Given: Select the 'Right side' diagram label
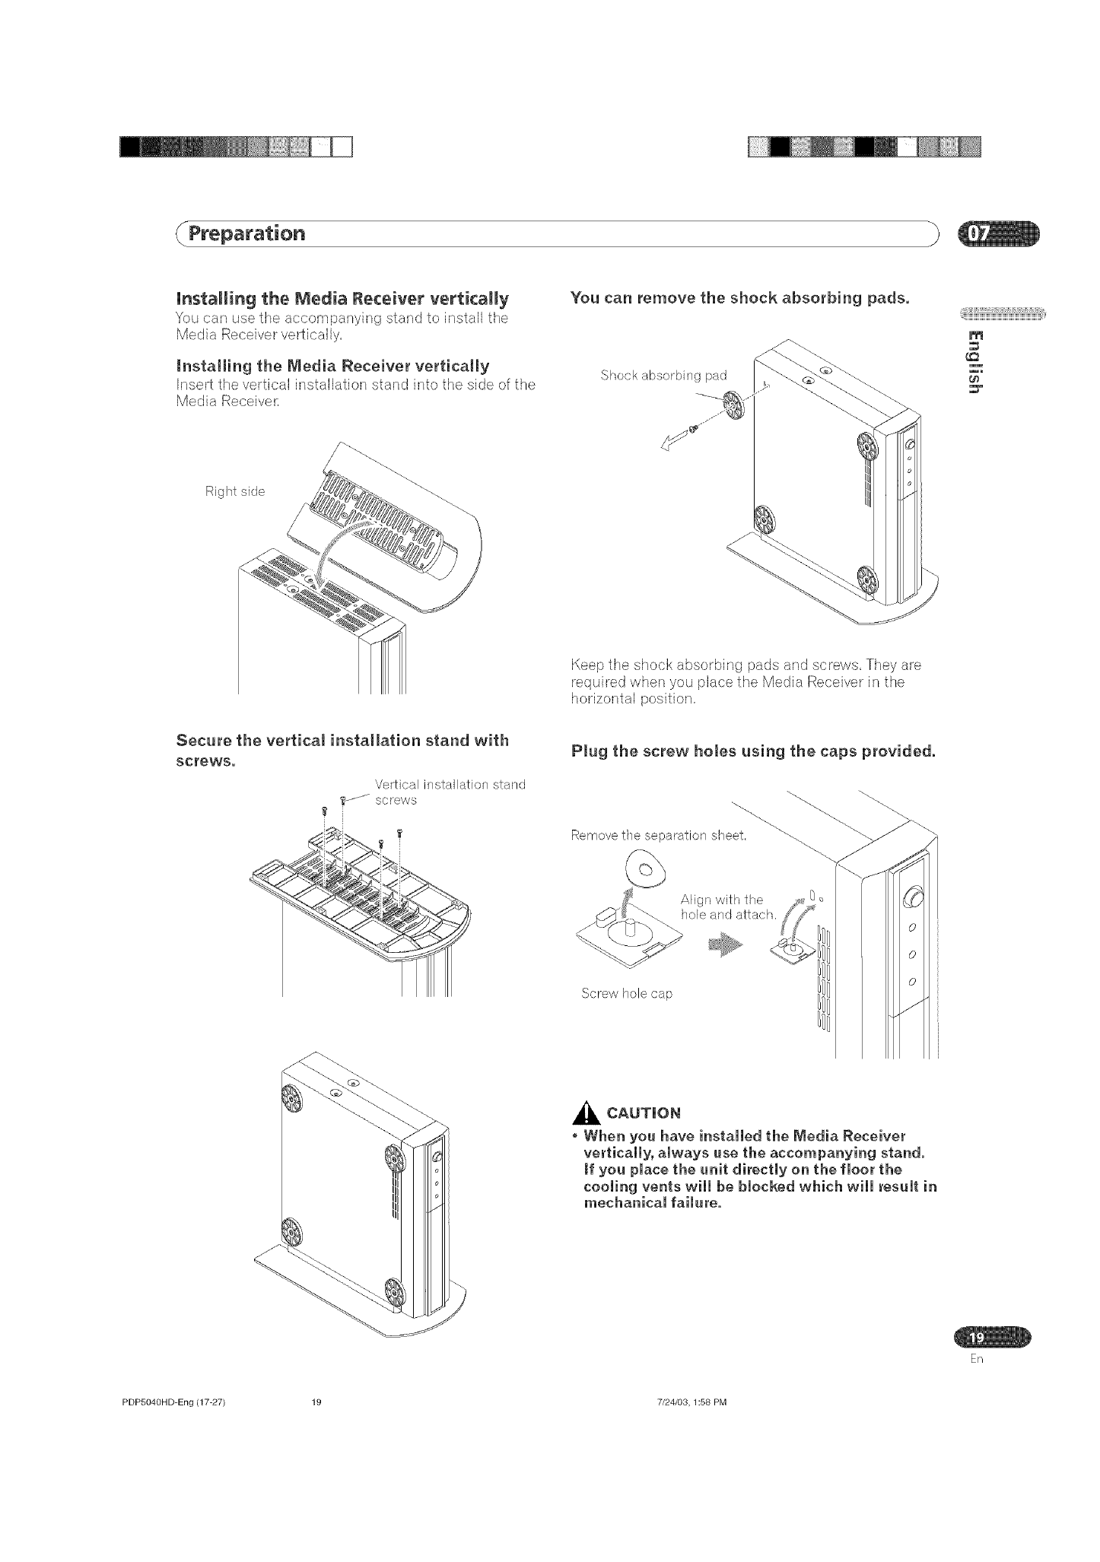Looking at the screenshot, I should pyautogui.click(x=235, y=491).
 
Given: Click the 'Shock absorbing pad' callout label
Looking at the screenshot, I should pyautogui.click(x=663, y=375).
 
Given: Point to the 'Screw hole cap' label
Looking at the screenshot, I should pyautogui.click(x=626, y=993).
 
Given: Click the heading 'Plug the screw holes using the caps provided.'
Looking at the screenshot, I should pyautogui.click(x=752, y=752).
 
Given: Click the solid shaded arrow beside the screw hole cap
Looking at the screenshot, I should pyautogui.click(x=727, y=945).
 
